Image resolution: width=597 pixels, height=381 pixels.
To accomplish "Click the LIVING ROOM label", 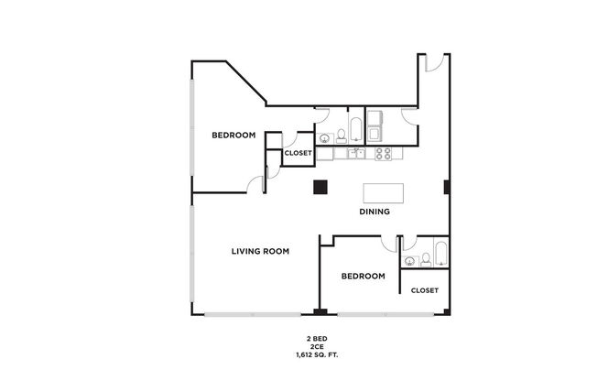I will pos(260,250).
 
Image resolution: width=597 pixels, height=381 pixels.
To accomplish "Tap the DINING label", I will pos(374,212).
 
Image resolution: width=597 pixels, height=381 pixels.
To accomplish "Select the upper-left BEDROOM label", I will pos(233,136).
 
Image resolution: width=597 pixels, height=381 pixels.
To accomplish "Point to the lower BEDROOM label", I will pos(363,276).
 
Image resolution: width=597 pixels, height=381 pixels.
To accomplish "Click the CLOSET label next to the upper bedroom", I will pos(298,153).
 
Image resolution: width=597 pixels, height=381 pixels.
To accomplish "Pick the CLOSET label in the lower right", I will pos(425,290).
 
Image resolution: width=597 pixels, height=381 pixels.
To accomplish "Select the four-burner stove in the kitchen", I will pos(383,153).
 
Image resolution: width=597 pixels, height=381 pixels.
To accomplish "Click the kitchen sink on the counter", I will pos(356,153).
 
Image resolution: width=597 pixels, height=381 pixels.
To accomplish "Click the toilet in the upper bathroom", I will pos(341,136).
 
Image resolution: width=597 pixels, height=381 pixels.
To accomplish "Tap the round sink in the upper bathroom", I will pos(323,139).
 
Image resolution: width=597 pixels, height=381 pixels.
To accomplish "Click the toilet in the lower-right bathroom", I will pos(424,261).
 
